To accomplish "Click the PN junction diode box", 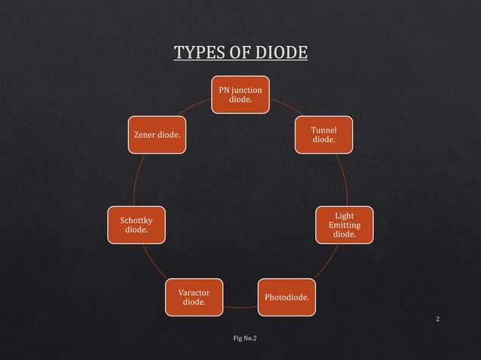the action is [x=240, y=94].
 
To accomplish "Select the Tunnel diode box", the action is [x=323, y=136].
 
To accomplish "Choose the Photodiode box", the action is [x=286, y=297].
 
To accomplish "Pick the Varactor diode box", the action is [x=194, y=297].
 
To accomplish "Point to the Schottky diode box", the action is [x=136, y=225].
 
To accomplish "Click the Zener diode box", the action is [x=157, y=136].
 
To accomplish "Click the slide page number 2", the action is [x=438, y=320].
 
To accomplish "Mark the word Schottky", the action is [x=136, y=220].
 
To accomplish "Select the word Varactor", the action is [x=194, y=292].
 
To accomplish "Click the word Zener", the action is [x=146, y=136].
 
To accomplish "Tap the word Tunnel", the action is [x=323, y=130].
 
